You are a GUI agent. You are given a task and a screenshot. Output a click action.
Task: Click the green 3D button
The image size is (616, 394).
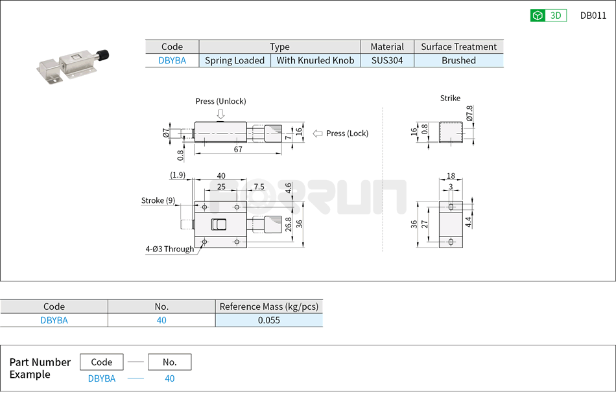pos(548,16)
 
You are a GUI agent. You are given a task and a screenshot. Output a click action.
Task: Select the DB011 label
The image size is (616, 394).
pos(593,16)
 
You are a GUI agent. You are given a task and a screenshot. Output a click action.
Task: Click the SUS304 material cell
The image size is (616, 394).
pos(387,60)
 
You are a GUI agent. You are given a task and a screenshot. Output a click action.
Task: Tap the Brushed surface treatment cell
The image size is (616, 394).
pos(458,60)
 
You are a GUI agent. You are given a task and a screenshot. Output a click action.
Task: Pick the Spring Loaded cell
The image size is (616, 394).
pos(235,60)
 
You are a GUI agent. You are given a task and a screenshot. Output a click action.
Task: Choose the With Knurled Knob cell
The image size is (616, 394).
pos(315,60)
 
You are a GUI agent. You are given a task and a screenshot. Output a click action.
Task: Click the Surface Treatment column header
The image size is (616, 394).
pos(458,47)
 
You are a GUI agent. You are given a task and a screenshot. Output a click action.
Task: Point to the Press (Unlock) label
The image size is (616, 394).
pos(220,101)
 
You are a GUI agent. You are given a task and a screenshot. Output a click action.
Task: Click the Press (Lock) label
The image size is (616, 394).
pos(347,133)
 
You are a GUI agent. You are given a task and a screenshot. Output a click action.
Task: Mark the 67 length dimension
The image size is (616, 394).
pos(238,150)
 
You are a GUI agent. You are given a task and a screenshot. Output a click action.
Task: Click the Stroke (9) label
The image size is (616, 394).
pos(158,200)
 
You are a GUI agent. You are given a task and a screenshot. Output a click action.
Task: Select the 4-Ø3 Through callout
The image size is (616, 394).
pos(169,249)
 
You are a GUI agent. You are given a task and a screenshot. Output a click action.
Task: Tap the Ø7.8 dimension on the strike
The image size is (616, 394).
pos(469,115)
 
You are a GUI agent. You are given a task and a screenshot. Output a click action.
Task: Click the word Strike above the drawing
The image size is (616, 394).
pos(450,98)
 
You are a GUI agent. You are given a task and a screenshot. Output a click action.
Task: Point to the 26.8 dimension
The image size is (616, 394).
pos(289,224)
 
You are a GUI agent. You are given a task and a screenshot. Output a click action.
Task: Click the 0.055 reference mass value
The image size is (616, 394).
pos(268,320)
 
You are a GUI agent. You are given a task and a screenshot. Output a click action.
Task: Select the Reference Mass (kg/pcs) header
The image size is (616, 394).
pos(268,307)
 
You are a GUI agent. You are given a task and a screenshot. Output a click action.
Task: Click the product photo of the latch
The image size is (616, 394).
pos(73,65)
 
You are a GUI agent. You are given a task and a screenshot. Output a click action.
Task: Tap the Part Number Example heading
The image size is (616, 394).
pos(40,368)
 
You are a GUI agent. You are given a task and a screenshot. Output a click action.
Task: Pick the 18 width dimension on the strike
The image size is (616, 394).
pos(451,176)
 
